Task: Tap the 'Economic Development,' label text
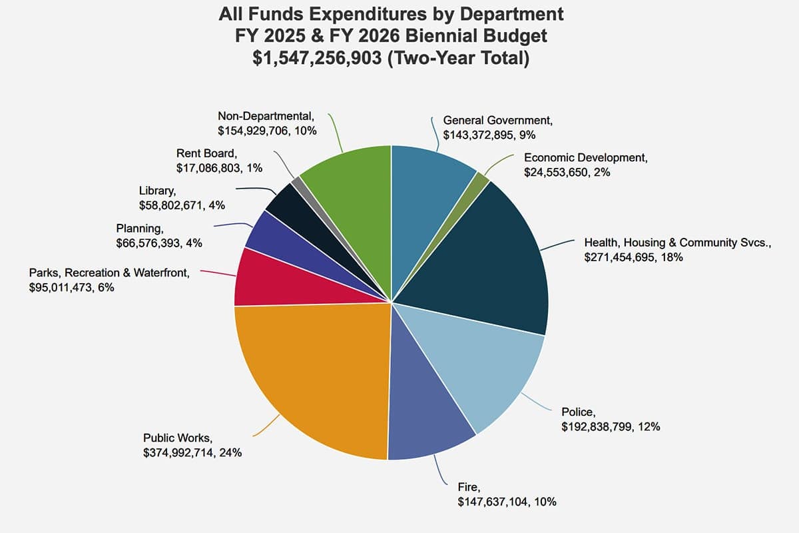coord(585,158)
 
